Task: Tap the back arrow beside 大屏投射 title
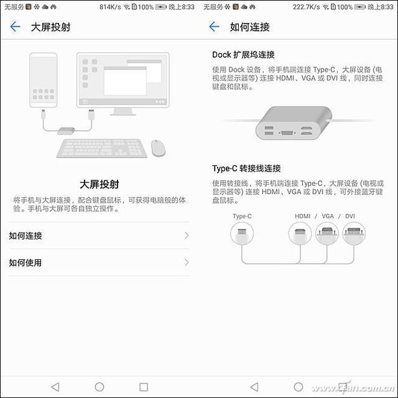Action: tap(15, 27)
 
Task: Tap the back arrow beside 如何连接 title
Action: tap(214, 27)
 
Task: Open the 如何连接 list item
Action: tap(99, 236)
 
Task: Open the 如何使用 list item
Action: tap(99, 262)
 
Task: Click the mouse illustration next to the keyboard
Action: tap(158, 148)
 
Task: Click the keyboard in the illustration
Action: tap(102, 148)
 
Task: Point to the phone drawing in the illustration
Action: tap(43, 80)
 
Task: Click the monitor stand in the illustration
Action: tap(123, 112)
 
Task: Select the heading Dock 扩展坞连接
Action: tap(243, 55)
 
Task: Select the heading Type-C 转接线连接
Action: tap(246, 169)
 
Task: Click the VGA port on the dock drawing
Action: tap(287, 132)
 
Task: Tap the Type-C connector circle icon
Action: tap(242, 233)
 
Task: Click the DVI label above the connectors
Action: tap(349, 216)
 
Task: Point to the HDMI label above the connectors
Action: tap(303, 216)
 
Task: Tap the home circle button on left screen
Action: tap(99, 387)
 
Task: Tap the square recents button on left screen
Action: tap(144, 387)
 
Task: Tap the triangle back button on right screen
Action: tap(254, 387)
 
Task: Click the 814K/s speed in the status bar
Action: tap(110, 7)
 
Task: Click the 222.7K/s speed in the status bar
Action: tap(307, 7)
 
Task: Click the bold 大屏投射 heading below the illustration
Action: tap(99, 184)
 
